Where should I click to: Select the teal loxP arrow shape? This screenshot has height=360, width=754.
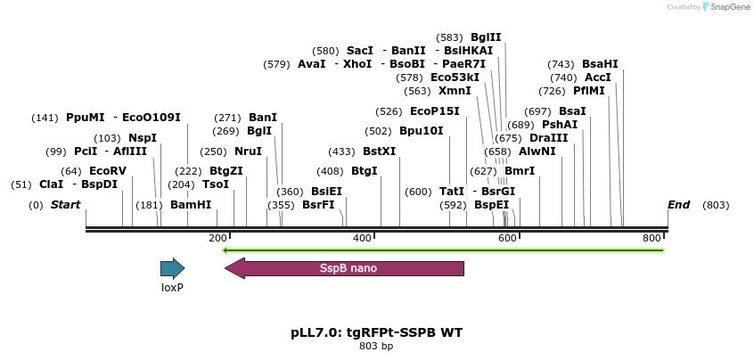pos(172,268)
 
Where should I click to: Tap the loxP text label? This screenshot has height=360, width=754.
pos(172,288)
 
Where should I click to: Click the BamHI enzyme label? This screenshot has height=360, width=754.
pos(191,205)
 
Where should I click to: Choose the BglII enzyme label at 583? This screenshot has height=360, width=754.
pos(486,37)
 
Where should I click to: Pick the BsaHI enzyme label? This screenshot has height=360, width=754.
pos(600,64)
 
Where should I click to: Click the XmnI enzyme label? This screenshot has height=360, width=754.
pos(455,91)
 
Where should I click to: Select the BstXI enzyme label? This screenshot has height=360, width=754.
pos(379,151)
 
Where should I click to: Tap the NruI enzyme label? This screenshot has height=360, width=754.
pos(248,151)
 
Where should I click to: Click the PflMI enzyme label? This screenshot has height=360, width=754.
pos(589,91)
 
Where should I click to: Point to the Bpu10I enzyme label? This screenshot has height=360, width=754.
pos(421,131)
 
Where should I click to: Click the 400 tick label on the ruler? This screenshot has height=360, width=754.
pos(362,239)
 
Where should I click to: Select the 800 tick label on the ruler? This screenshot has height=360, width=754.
pos(652,239)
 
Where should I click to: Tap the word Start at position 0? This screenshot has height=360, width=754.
pos(65,205)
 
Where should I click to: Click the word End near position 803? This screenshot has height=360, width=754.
pos(678,205)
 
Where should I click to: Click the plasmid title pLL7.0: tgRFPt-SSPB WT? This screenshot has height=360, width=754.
pos(376,332)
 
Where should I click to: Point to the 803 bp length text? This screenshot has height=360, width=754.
pos(376,346)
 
